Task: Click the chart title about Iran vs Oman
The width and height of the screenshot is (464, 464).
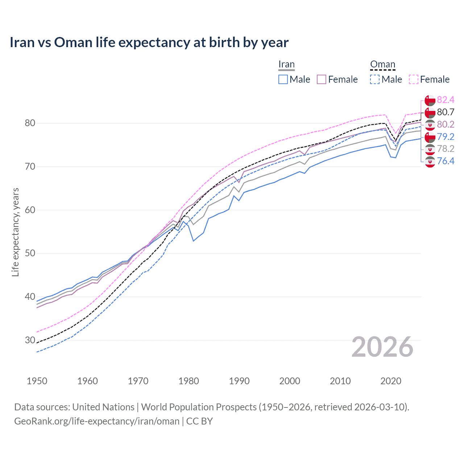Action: [x=149, y=42]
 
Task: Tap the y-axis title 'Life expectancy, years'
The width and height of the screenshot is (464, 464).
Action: [x=15, y=232]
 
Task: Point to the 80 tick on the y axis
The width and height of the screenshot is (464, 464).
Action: [x=30, y=123]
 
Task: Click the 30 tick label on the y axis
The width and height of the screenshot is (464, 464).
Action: [x=30, y=340]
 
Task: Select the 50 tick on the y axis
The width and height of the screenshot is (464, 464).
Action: [x=30, y=253]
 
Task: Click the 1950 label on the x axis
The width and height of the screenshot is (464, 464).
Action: [x=37, y=381]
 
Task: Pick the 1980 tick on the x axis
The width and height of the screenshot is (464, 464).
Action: [x=188, y=381]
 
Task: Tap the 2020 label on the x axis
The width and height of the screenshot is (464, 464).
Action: [x=391, y=381]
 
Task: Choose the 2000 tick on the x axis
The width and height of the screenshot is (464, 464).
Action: [x=290, y=381]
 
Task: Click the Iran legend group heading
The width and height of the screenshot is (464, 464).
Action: [x=286, y=65]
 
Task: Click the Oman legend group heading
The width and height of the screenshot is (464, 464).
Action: [x=382, y=65]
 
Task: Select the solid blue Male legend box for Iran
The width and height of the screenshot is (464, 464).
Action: [x=283, y=79]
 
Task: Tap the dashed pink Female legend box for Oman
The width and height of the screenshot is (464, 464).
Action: [x=413, y=79]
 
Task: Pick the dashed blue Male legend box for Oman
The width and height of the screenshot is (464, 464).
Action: [x=375, y=79]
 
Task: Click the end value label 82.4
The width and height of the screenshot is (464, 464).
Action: [x=446, y=100]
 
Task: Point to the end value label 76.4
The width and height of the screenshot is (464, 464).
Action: [x=446, y=161]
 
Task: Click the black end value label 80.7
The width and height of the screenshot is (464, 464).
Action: [x=446, y=112]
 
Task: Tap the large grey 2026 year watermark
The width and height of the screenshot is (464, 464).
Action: [x=382, y=347]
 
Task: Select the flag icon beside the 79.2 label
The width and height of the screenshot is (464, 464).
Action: [x=430, y=137]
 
